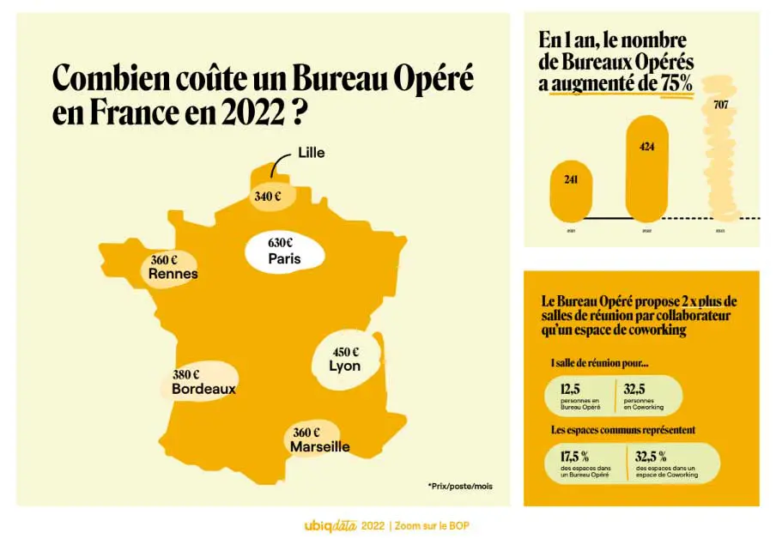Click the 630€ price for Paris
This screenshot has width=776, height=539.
coord(281,242)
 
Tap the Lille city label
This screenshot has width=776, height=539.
coord(311,154)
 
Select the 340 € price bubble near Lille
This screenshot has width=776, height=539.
coord(268,197)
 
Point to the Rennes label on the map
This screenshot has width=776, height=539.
coord(173,275)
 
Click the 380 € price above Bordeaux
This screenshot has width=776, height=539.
coord(185,375)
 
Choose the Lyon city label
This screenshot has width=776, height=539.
coord(344,366)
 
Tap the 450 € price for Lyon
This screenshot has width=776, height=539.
coord(345,352)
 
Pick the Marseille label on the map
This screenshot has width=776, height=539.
coord(319,447)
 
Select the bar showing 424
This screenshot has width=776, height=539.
coord(647,167)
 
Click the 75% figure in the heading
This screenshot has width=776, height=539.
coord(675,83)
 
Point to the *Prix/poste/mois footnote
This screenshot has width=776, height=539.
coord(460,486)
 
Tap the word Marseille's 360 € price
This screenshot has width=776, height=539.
coord(306,433)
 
